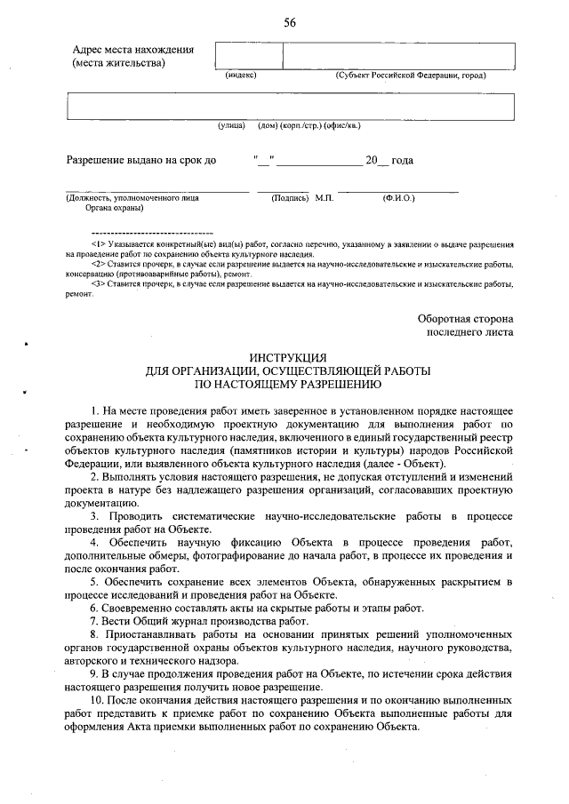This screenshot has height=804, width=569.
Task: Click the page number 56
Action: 289,24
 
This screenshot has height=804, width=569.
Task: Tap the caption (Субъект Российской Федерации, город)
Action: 410,77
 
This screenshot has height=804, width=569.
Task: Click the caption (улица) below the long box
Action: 232,126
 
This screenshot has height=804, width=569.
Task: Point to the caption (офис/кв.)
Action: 342,126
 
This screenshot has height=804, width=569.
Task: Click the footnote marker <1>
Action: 99,243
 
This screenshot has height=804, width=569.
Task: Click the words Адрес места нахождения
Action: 132,50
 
